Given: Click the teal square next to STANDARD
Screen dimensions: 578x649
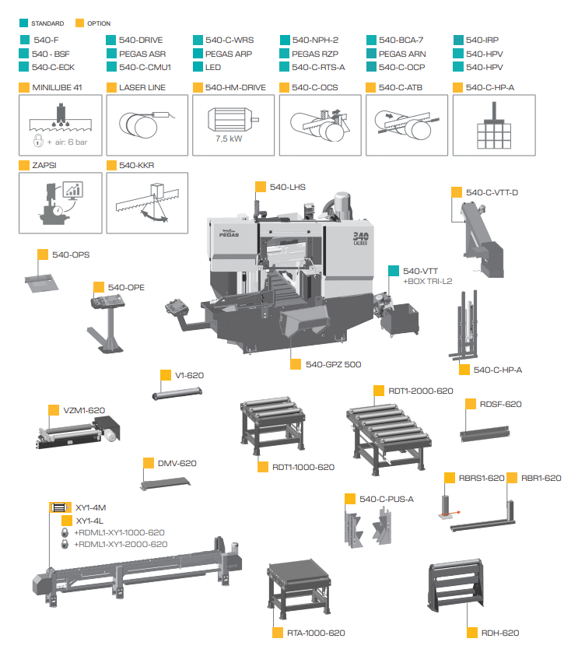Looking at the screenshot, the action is tap(23, 23).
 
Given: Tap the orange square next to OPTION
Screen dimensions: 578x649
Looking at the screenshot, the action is tap(79, 23).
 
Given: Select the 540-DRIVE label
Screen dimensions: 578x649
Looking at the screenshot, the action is tap(141, 40).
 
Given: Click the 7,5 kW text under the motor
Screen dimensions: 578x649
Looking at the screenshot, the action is tap(229, 139).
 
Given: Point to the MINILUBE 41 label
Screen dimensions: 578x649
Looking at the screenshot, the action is tap(57, 87).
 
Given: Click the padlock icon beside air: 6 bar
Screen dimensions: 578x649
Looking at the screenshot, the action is tap(38, 140).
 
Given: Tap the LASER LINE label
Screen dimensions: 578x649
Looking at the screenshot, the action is tap(142, 87).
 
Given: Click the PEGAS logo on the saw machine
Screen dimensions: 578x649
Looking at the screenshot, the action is tap(229, 234).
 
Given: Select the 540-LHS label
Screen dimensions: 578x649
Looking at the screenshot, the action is tap(288, 187).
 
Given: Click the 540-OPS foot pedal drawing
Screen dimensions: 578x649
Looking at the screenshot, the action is tap(41, 283).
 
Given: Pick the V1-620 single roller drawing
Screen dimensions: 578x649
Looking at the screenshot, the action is tap(177, 392).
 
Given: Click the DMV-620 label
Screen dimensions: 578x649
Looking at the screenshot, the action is tap(177, 463).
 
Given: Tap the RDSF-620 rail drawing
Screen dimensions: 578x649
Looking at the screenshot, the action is tap(485, 433).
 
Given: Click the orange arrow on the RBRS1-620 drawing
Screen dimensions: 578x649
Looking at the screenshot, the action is tap(450, 514).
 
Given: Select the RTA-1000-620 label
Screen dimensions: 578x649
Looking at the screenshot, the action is tap(316, 633).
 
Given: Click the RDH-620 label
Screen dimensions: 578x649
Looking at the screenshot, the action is tap(500, 633).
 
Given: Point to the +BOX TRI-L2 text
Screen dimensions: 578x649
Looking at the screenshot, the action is tap(428, 281).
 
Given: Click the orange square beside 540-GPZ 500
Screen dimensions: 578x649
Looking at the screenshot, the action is tap(296, 364).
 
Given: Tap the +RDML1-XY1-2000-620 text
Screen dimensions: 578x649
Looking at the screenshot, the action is tap(121, 544).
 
